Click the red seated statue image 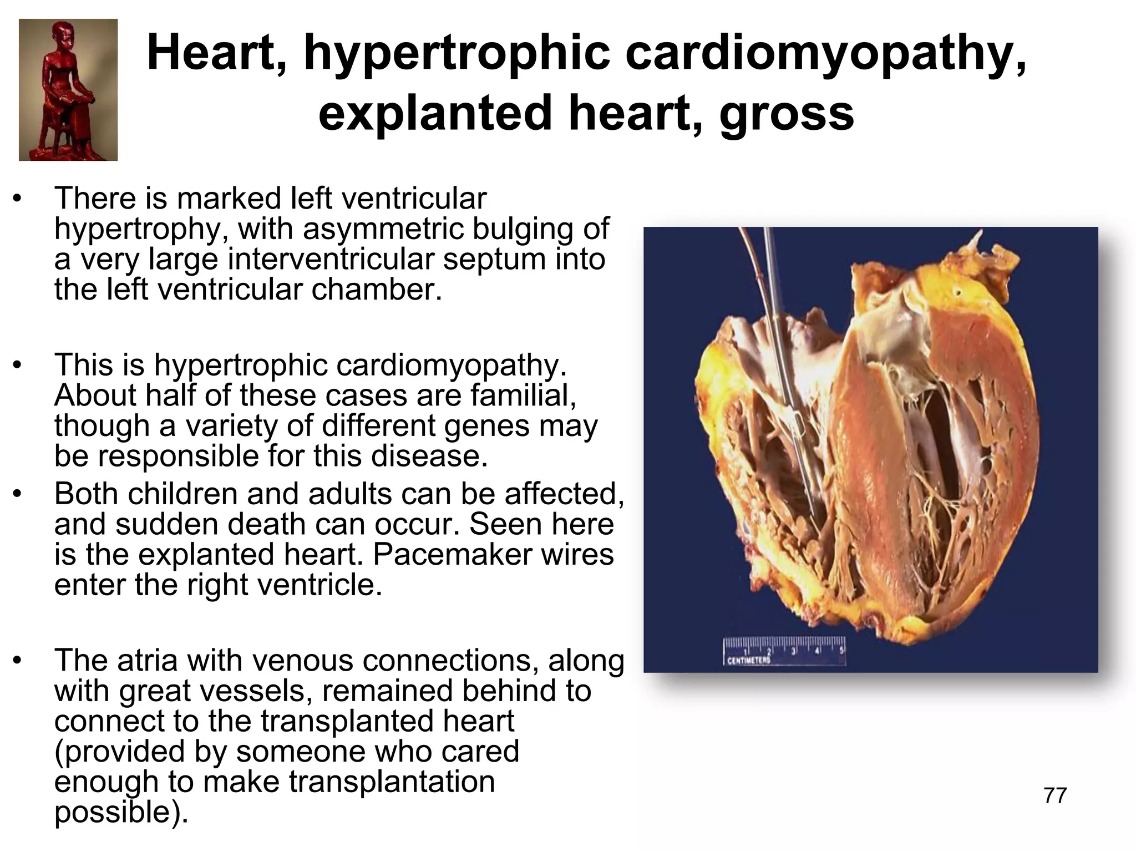point(68,90)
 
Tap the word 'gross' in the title point(787,113)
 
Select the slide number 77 point(1055,795)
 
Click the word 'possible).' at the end point(121,812)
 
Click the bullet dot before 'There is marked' point(18,199)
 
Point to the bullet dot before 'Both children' point(18,494)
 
